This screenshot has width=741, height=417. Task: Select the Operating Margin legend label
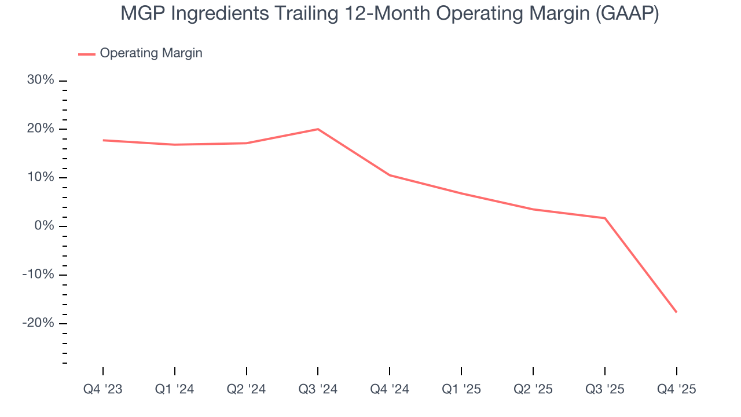pyautogui.click(x=151, y=53)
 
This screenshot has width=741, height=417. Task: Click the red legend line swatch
pyautogui.click(x=87, y=54)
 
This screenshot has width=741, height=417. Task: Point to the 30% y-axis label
pyautogui.click(x=41, y=80)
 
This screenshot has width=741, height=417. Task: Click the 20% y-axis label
pyautogui.click(x=41, y=129)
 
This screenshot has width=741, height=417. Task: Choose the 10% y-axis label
pyautogui.click(x=41, y=177)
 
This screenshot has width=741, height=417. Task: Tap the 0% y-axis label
pyautogui.click(x=44, y=226)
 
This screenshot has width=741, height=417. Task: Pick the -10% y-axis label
pyautogui.click(x=38, y=275)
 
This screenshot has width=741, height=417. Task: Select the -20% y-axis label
pyautogui.click(x=38, y=323)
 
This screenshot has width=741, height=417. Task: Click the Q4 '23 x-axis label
pyautogui.click(x=103, y=389)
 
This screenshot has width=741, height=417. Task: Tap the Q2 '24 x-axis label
pyautogui.click(x=247, y=389)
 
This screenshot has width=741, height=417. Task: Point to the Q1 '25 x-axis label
pyautogui.click(x=461, y=389)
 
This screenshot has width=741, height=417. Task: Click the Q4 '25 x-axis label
pyautogui.click(x=676, y=389)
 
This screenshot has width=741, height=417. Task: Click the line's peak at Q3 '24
pyautogui.click(x=318, y=129)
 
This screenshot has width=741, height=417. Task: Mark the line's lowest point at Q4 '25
pyautogui.click(x=676, y=312)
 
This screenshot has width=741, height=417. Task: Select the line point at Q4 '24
pyautogui.click(x=390, y=175)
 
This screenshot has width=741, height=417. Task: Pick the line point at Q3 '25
pyautogui.click(x=604, y=218)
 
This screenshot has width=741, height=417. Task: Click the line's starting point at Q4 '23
pyautogui.click(x=103, y=140)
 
